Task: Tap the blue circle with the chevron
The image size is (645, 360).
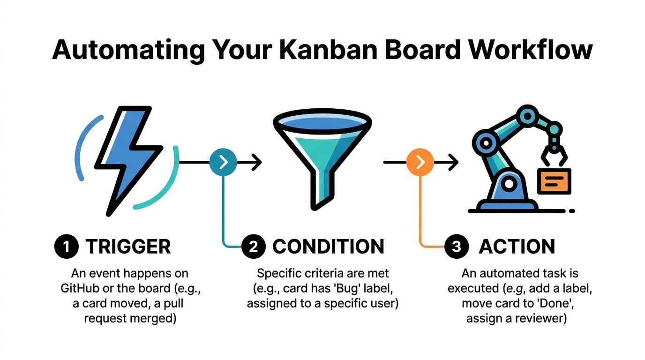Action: [x=224, y=162]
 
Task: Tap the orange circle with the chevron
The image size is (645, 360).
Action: [x=420, y=162]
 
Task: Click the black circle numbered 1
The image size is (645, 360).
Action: [x=67, y=247]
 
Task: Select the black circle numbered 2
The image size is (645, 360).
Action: [x=254, y=247]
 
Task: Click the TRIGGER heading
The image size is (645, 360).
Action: [x=128, y=247]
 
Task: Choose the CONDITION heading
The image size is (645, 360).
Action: [x=328, y=247]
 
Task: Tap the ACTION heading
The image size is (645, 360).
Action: [x=517, y=247]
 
